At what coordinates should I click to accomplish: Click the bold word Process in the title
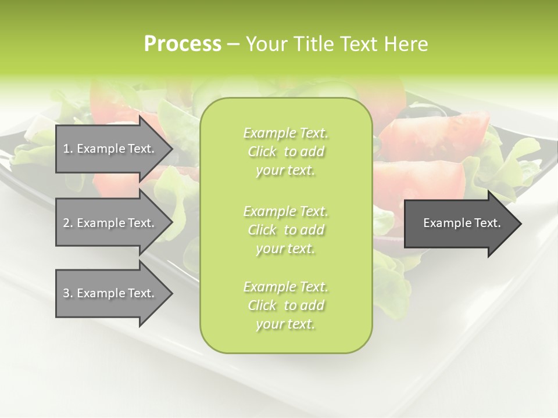coord(183,44)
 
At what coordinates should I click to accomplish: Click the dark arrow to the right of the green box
coord(459,224)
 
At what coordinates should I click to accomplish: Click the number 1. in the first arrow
coord(68,149)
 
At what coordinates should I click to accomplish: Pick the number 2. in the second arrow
coord(68,223)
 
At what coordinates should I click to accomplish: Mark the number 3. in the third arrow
coord(68,293)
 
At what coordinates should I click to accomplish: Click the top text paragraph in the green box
coord(285,152)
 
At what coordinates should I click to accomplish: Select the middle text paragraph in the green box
coord(285,230)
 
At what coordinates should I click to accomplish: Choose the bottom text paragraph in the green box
coord(285,305)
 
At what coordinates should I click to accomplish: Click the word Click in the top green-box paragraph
coord(262,152)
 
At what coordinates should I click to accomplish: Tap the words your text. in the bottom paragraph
coord(285,324)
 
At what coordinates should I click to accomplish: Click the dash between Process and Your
coord(233,44)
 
